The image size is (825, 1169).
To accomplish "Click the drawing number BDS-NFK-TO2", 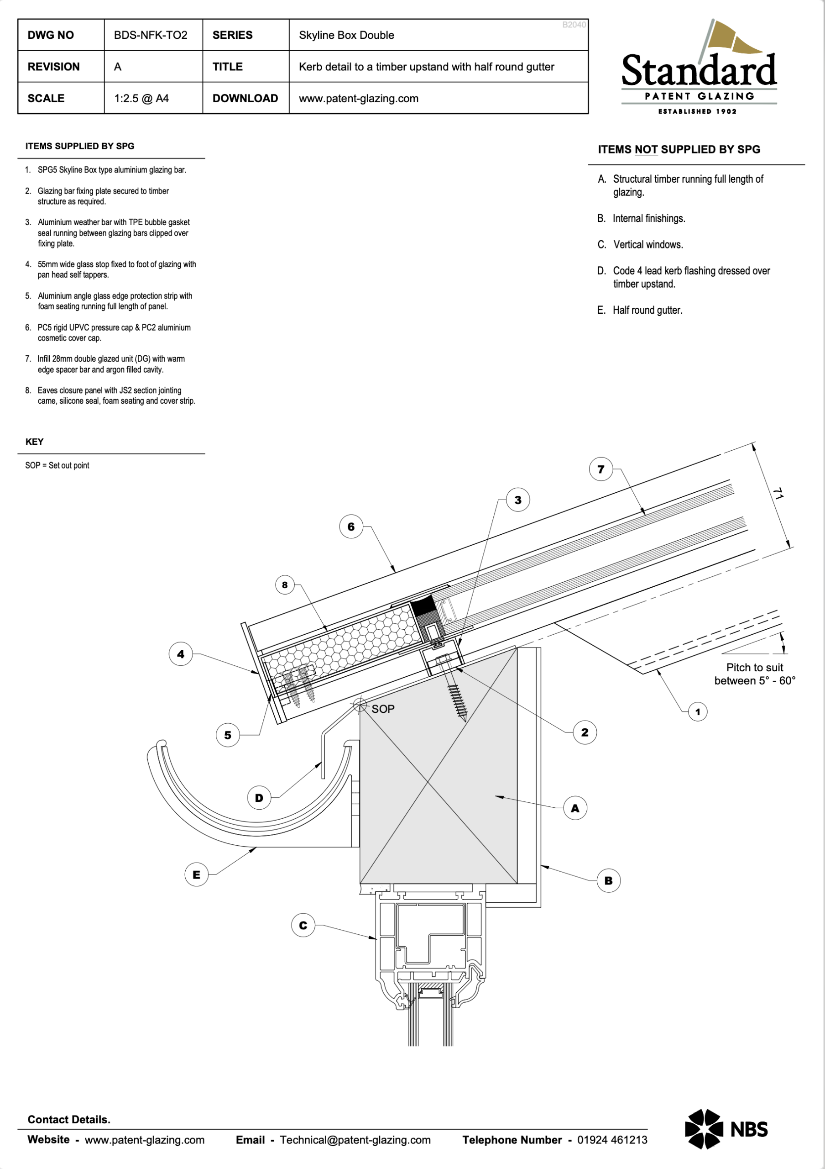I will tap(151, 35).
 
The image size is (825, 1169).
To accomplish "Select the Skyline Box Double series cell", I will tap(346, 35).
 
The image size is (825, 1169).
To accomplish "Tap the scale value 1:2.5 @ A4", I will tap(141, 98).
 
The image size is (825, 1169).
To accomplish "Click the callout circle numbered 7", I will tap(600, 469).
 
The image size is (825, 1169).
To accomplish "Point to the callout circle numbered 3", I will tap(518, 500).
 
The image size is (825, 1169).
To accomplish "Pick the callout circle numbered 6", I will tap(351, 527).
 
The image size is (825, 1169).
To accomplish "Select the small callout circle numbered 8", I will tap(285, 585).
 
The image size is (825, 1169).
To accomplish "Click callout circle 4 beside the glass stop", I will tap(181, 654).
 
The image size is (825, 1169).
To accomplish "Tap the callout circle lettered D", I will tap(259, 798).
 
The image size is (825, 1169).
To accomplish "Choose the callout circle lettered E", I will tap(196, 875).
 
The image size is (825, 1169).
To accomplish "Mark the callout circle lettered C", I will tap(303, 925).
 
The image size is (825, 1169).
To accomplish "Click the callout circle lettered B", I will tap(608, 880).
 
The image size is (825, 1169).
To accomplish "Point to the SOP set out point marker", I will tap(360, 706).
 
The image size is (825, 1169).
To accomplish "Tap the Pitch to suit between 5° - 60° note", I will tap(755, 674).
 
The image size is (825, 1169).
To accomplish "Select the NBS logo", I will tap(726, 1129).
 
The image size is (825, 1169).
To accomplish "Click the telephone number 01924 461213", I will tap(612, 1140).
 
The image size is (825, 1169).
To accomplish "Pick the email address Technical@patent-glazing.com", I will tap(355, 1140).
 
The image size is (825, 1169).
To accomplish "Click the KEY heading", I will tap(35, 442).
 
